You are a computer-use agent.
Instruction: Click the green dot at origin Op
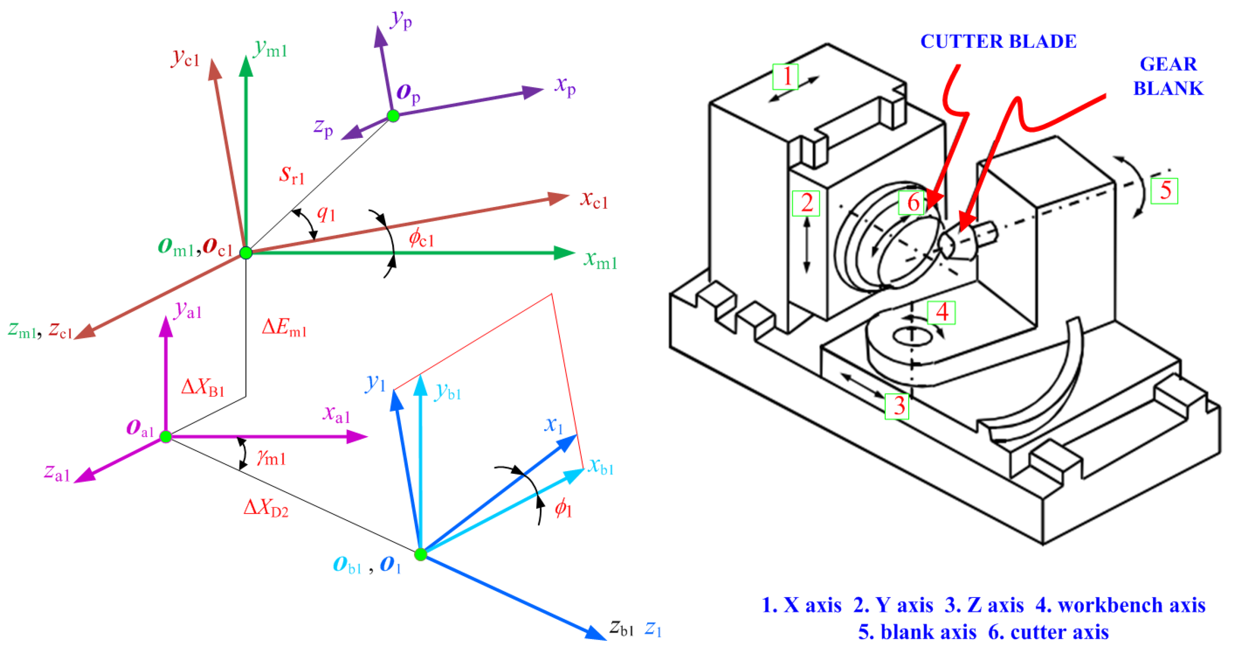coord(393,116)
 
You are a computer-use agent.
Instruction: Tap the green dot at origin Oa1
coord(166,437)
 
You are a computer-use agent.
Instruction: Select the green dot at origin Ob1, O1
coord(420,555)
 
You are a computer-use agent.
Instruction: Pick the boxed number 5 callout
coord(1164,190)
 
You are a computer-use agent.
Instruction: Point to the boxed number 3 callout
coord(896,406)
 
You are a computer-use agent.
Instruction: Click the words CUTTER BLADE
coord(998,42)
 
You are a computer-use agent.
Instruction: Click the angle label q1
coord(326,213)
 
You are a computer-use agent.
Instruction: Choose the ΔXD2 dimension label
coord(266,508)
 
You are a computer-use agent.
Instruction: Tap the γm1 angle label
coord(271,458)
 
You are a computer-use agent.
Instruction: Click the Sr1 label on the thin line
coord(291,175)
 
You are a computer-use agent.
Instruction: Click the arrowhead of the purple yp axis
coord(380,36)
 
